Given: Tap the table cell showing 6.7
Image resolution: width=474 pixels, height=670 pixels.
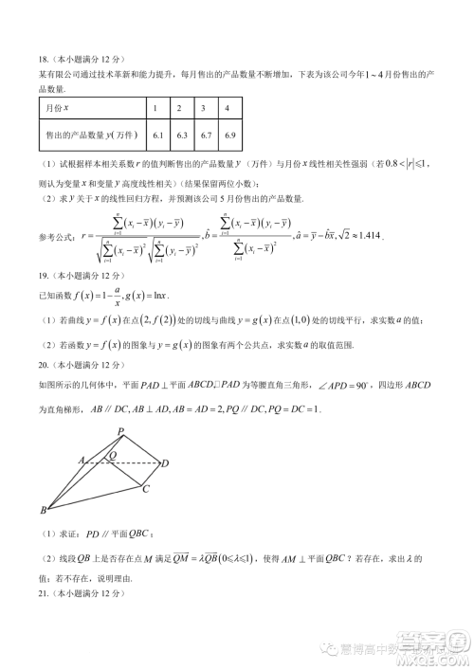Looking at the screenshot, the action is coord(206,136).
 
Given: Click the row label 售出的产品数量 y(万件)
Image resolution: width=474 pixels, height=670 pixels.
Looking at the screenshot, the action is coord(90,136).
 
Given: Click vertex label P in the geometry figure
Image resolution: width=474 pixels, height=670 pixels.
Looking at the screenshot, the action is coord(120,431).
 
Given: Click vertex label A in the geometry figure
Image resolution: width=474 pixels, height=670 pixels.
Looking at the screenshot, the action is coord(82,459).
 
